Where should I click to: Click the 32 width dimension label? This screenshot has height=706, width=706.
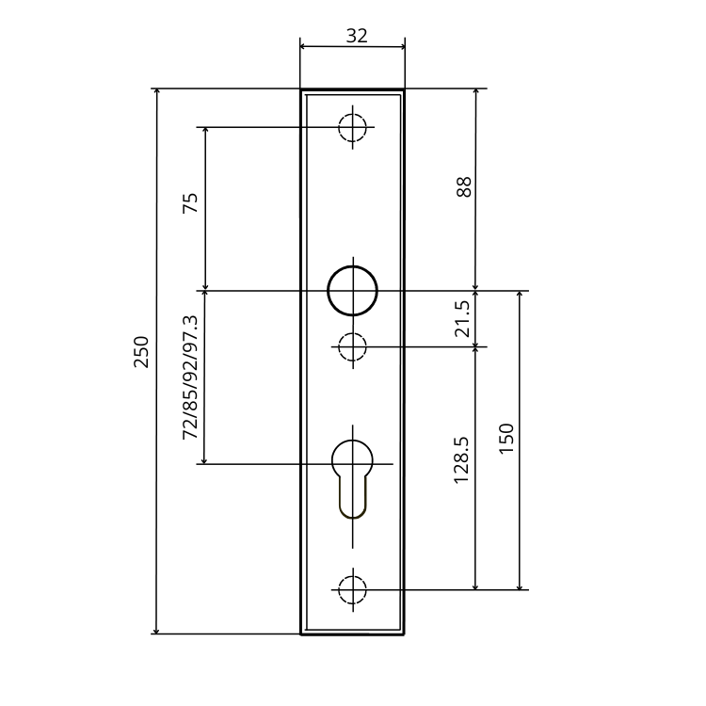pyautogui.click(x=357, y=36)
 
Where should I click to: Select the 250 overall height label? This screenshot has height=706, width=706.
pyautogui.click(x=141, y=352)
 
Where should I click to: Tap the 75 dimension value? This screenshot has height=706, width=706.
pyautogui.click(x=190, y=203)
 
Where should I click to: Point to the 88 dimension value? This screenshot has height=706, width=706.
pyautogui.click(x=464, y=187)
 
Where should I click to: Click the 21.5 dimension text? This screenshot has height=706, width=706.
pyautogui.click(x=462, y=319)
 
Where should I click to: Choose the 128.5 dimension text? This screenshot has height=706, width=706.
pyautogui.click(x=461, y=460)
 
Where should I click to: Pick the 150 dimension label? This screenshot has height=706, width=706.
pyautogui.click(x=506, y=439)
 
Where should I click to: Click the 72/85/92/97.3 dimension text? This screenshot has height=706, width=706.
pyautogui.click(x=190, y=377)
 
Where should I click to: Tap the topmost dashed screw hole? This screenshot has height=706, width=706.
pyautogui.click(x=353, y=127)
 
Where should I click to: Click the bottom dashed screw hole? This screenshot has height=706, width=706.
pyautogui.click(x=353, y=590)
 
